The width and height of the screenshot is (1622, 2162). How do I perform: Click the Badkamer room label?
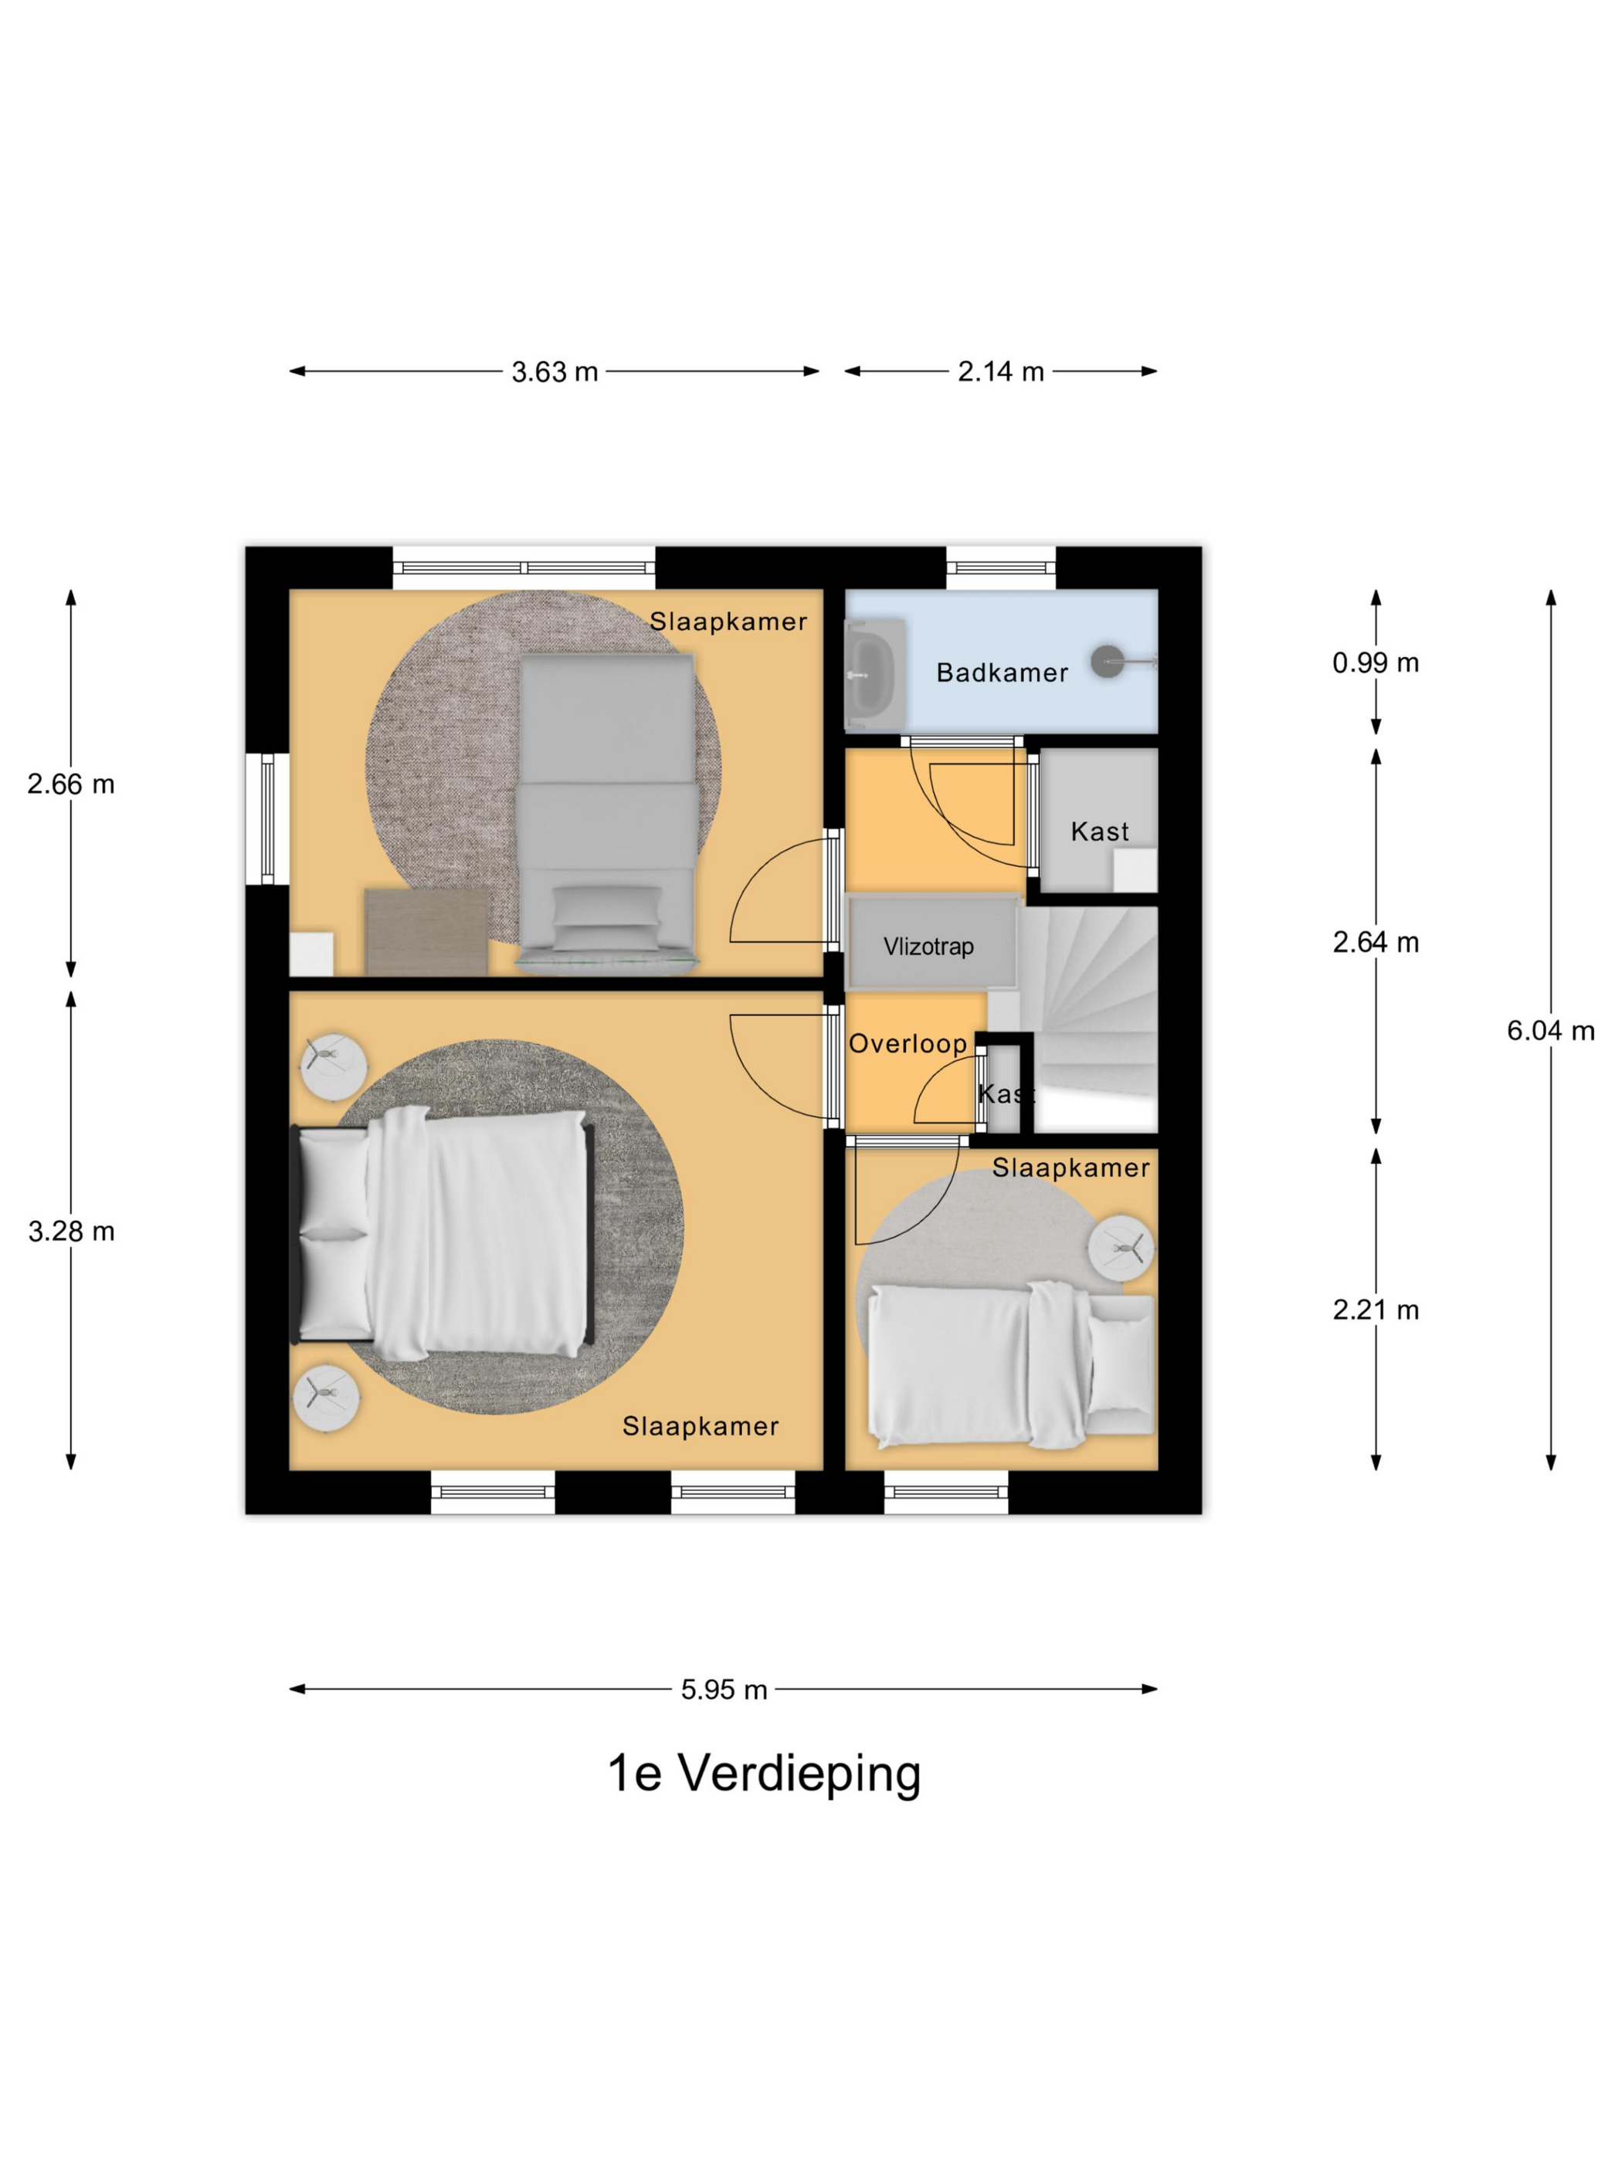click(x=1001, y=673)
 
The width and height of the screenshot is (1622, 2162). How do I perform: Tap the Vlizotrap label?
click(x=928, y=946)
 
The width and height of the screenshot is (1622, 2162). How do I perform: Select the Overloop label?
click(x=908, y=1044)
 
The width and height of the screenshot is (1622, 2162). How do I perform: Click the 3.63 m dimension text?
click(x=555, y=372)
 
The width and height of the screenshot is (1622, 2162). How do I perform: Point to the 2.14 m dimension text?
click(x=1000, y=371)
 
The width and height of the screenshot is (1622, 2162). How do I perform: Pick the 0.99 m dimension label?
click(x=1375, y=662)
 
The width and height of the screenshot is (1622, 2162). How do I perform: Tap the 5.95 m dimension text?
click(x=724, y=1690)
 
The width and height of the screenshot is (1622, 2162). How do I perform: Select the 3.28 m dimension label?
click(x=71, y=1232)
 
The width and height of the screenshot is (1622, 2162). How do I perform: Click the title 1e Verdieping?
click(x=765, y=1773)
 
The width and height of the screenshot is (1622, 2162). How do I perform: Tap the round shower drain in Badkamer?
click(x=1108, y=662)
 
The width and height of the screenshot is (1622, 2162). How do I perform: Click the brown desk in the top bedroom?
click(x=426, y=930)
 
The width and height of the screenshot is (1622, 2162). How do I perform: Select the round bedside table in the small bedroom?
click(x=1121, y=1248)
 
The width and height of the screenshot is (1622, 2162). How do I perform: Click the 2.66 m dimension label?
click(x=71, y=784)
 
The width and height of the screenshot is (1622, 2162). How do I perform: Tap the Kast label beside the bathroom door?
click(x=1100, y=832)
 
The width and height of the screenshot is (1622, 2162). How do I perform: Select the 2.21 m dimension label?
click(x=1375, y=1310)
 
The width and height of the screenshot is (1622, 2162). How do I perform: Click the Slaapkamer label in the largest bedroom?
click(x=700, y=1426)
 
